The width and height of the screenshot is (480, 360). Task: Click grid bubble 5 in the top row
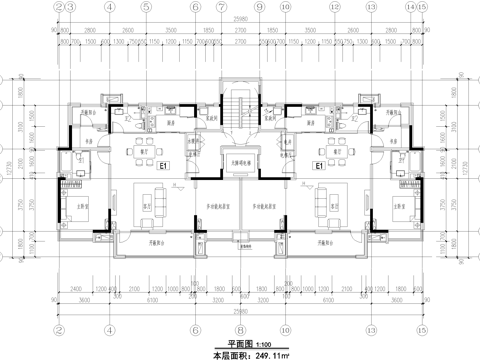(x=145, y=6)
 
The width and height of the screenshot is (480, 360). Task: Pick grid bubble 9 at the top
(x=259, y=6)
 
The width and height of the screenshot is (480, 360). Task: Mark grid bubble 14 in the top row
(x=411, y=6)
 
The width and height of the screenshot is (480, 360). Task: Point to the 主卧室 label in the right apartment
(x=398, y=209)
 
